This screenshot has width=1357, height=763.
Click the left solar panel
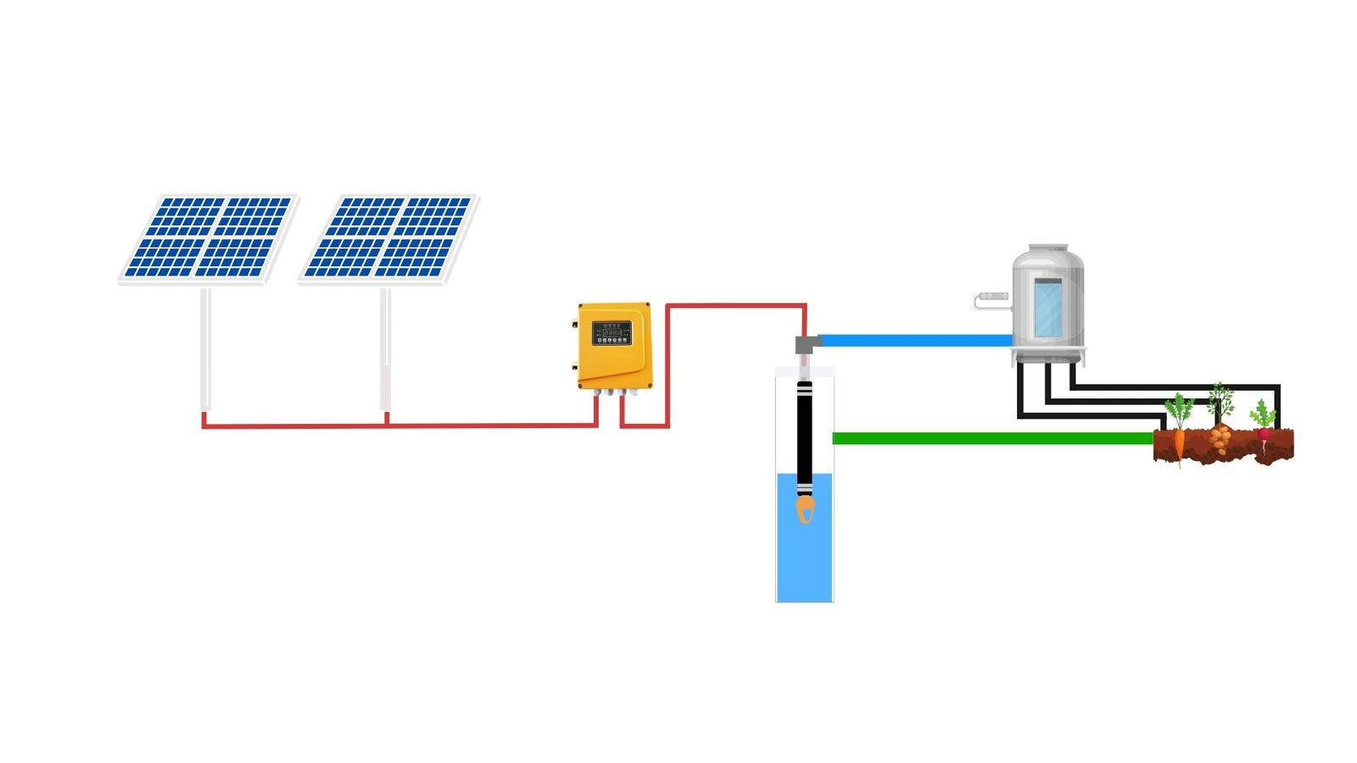(x=208, y=237)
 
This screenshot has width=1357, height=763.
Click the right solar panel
(x=388, y=237)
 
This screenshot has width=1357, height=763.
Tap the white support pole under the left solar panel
(x=205, y=348)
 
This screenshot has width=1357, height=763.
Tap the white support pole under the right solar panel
(x=385, y=348)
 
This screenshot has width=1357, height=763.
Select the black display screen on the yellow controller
(x=611, y=332)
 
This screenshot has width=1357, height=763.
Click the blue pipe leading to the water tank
(x=916, y=340)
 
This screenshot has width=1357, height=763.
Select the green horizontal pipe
(x=992, y=438)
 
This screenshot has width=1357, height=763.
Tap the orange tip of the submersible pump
(x=805, y=510)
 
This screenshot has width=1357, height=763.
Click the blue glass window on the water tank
(x=1047, y=308)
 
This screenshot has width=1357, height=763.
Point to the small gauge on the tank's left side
(x=992, y=297)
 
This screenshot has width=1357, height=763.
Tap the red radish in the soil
(x=1264, y=435)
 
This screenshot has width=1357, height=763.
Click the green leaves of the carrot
(x=1179, y=409)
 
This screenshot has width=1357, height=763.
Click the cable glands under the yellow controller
(x=615, y=393)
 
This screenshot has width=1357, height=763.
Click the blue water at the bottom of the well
(x=805, y=560)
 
